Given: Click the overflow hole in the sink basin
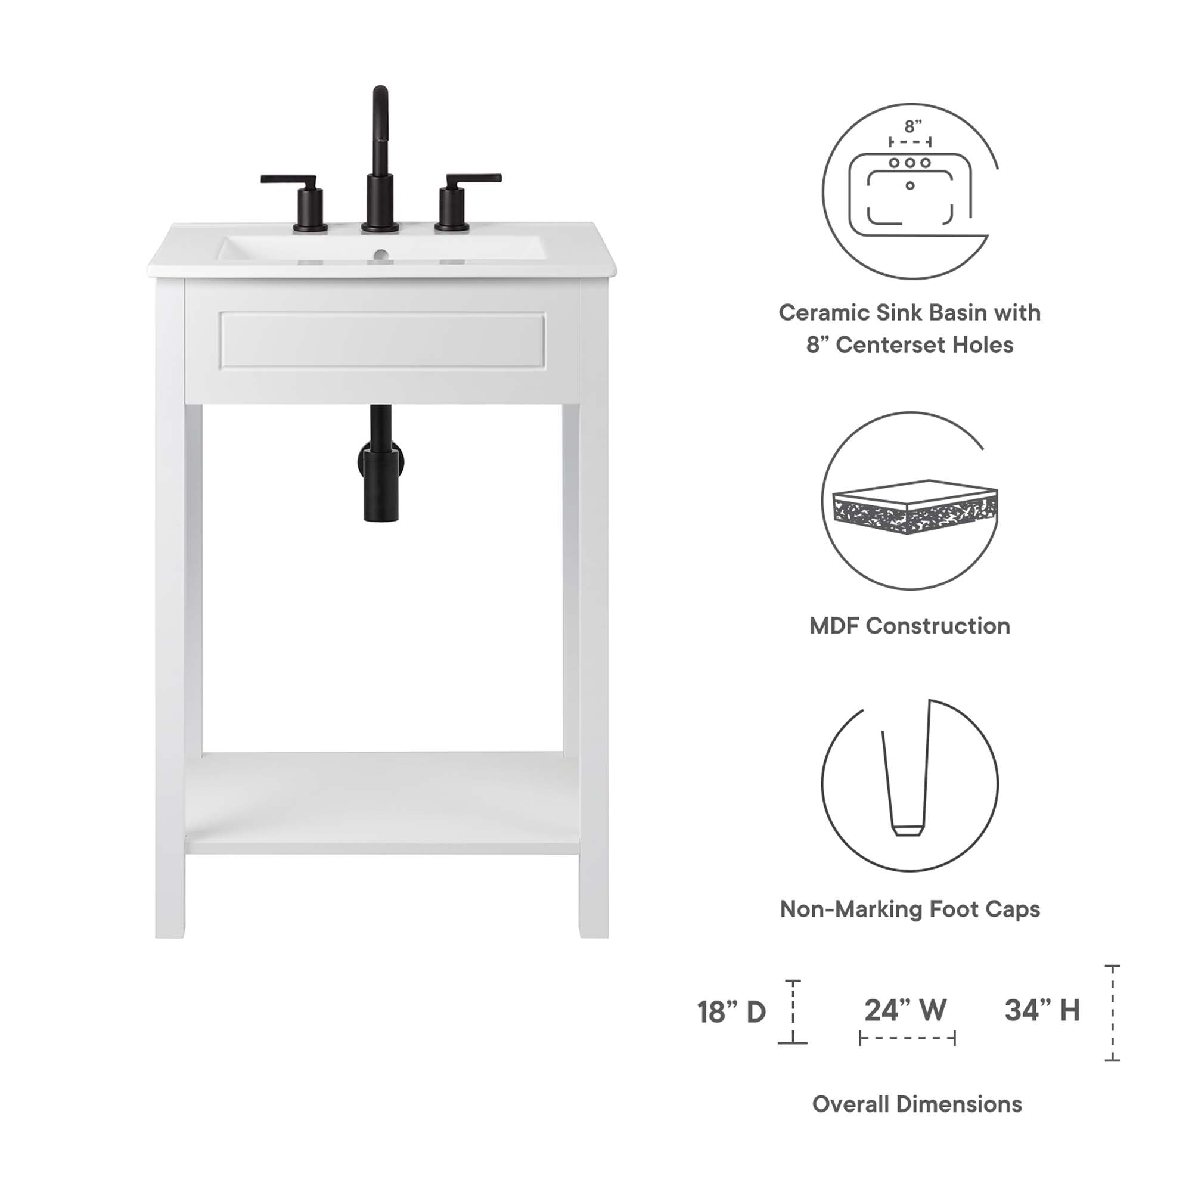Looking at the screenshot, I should (381, 253).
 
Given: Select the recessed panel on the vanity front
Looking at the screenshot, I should (383, 340).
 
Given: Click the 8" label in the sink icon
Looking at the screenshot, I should (912, 126).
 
